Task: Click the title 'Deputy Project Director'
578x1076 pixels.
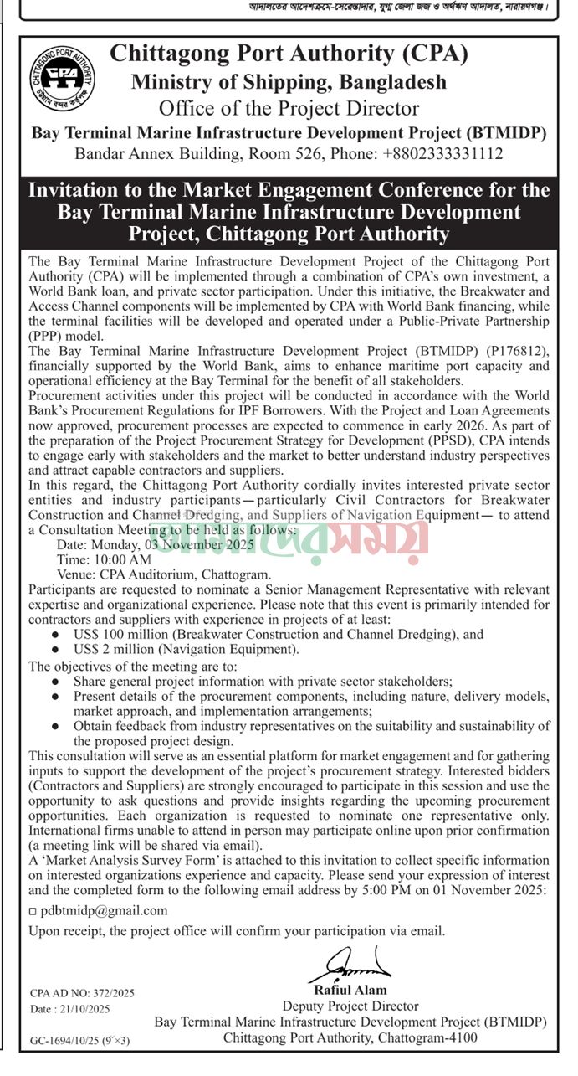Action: coord(350,1006)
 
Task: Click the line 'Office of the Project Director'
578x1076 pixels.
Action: coord(289,108)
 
